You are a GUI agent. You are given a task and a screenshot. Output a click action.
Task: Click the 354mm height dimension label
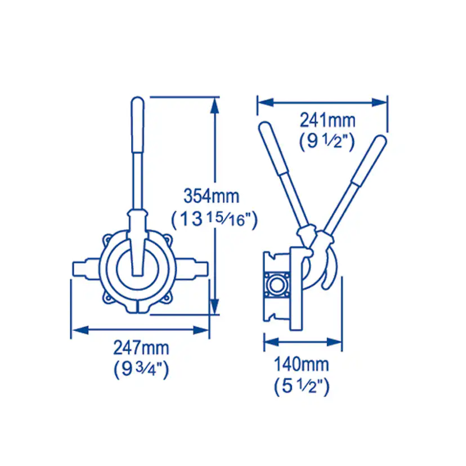point(211,196)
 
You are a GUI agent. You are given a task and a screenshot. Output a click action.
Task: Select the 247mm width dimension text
point(141,348)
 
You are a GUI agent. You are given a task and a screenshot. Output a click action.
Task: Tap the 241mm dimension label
point(327,120)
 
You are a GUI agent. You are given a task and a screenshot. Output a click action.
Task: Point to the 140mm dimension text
point(301,364)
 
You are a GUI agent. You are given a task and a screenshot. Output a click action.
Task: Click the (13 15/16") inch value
point(214,219)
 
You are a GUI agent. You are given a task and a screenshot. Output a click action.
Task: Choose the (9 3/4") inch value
point(141,369)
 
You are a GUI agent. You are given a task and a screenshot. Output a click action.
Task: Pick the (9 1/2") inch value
point(327,141)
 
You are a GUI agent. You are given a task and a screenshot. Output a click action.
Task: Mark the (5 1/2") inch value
point(302,386)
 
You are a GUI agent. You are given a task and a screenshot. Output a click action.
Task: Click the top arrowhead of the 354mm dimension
point(214,105)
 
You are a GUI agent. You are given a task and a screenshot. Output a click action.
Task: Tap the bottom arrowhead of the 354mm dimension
point(214,306)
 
